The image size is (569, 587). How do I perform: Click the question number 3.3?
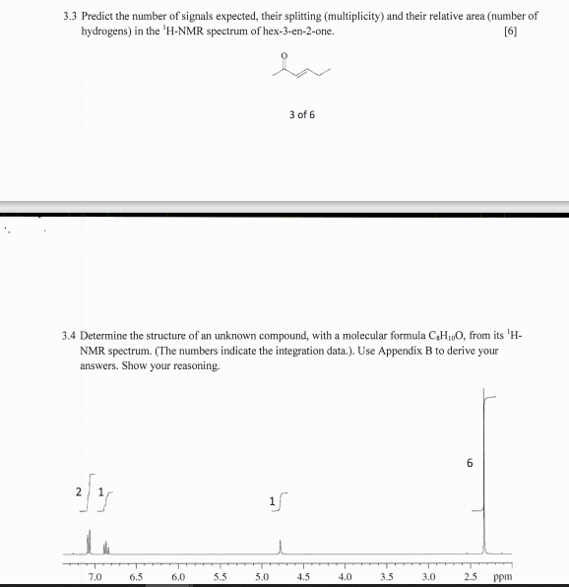coord(69,17)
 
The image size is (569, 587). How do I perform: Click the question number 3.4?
coord(69,336)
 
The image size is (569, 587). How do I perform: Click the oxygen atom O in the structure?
coord(285,55)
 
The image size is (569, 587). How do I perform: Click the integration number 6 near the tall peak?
coord(470,464)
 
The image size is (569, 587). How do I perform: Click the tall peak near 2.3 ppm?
coord(483,473)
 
